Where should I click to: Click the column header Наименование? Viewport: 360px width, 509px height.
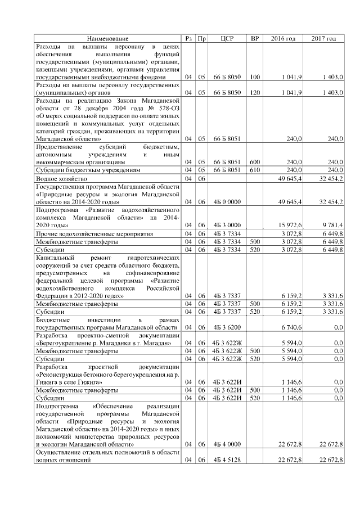pos(107,38)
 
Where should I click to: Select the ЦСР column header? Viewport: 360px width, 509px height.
pos(227,38)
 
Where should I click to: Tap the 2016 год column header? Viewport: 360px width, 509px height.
pos(283,38)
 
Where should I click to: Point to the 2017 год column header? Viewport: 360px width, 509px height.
pos(323,38)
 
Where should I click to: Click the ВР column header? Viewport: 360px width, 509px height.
pos(254,38)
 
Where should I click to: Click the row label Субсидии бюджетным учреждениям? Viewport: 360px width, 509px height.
pos(85,169)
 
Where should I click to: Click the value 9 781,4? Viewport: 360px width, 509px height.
pos(332,225)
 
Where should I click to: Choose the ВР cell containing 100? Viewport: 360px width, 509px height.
pos(254,76)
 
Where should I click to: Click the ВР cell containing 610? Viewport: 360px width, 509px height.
pos(254,169)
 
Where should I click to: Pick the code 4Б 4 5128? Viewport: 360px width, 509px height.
pos(227,460)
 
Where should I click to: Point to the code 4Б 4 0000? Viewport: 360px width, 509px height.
pos(227,444)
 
